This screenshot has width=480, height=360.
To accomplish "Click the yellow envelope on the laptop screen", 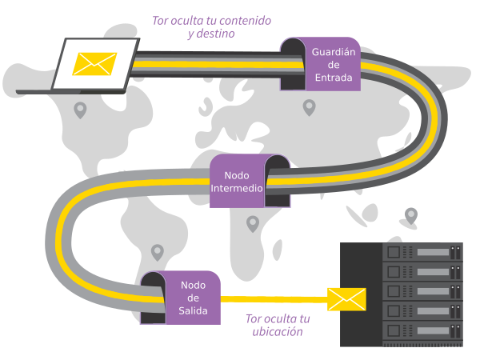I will (95, 63).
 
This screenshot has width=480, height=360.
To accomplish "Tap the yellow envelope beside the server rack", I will (346, 299).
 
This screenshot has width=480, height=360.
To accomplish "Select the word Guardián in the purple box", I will (334, 51).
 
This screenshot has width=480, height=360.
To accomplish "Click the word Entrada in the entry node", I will (334, 78).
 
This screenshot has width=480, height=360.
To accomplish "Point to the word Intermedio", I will (236, 189).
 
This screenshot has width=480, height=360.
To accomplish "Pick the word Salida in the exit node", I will (193, 310).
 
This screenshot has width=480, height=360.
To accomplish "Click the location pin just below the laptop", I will (80, 110).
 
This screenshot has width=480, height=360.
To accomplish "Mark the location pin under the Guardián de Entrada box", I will (309, 106).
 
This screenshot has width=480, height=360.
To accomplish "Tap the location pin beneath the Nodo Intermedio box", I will (253, 223).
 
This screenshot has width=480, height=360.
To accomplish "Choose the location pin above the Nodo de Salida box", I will (158, 252).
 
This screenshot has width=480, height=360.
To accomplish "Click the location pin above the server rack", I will (411, 214).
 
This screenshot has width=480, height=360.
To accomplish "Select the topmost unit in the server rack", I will (423, 253).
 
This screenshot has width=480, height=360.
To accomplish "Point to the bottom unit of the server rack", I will (423, 329).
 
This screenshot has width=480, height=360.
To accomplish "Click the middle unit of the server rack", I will (423, 290).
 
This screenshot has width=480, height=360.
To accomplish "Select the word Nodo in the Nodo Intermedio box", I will (237, 175).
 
